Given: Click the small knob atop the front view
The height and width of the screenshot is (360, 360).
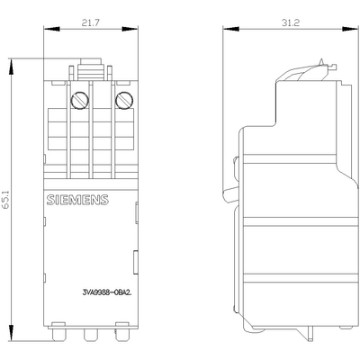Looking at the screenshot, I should coord(90,63).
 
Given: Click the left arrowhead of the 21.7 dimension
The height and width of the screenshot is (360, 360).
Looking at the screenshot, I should coord(46,33).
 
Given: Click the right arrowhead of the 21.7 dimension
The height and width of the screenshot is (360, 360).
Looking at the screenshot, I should coord(134,33).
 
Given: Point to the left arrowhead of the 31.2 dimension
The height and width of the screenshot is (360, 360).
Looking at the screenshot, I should coord(226,33).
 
